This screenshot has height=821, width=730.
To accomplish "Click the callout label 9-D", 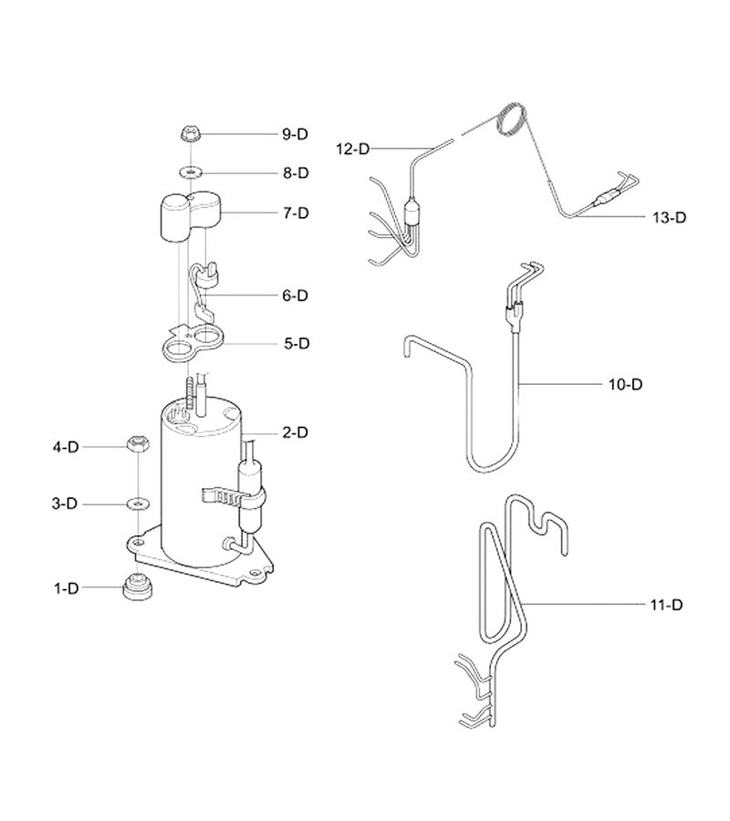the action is (x=295, y=134).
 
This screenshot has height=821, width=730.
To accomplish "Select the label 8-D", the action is (x=296, y=172).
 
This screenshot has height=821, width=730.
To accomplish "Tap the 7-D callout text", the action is (x=296, y=213).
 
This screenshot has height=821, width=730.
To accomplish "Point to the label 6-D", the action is (x=296, y=296).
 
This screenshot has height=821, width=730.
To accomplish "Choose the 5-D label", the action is (x=297, y=344).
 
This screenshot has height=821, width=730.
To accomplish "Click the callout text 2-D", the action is (x=296, y=432).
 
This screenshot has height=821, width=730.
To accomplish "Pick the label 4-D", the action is (x=66, y=447).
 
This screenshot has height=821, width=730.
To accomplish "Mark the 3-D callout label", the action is (x=65, y=504).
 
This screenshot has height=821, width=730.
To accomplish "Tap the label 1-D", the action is (x=66, y=588).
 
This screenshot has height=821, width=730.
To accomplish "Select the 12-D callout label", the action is (x=352, y=150).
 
